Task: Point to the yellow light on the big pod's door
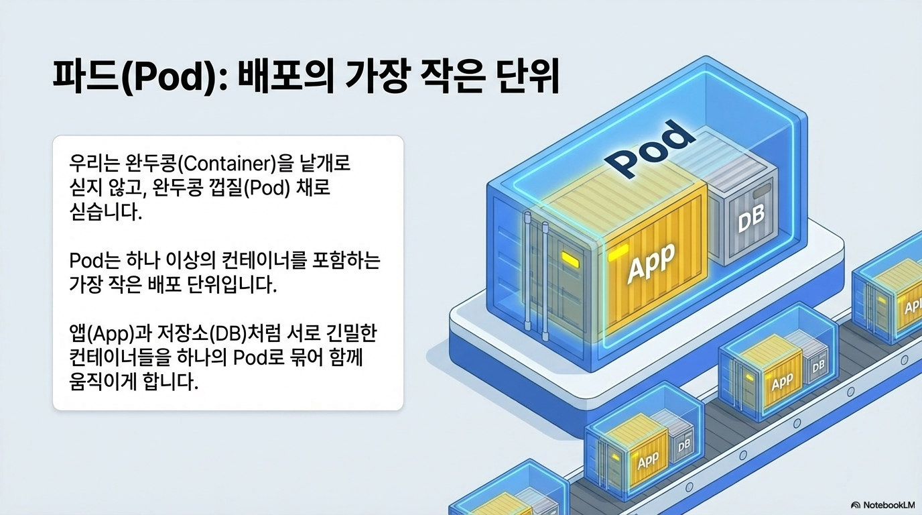click(570, 259)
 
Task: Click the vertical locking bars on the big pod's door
click(537, 275)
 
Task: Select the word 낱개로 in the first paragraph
click(336, 163)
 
